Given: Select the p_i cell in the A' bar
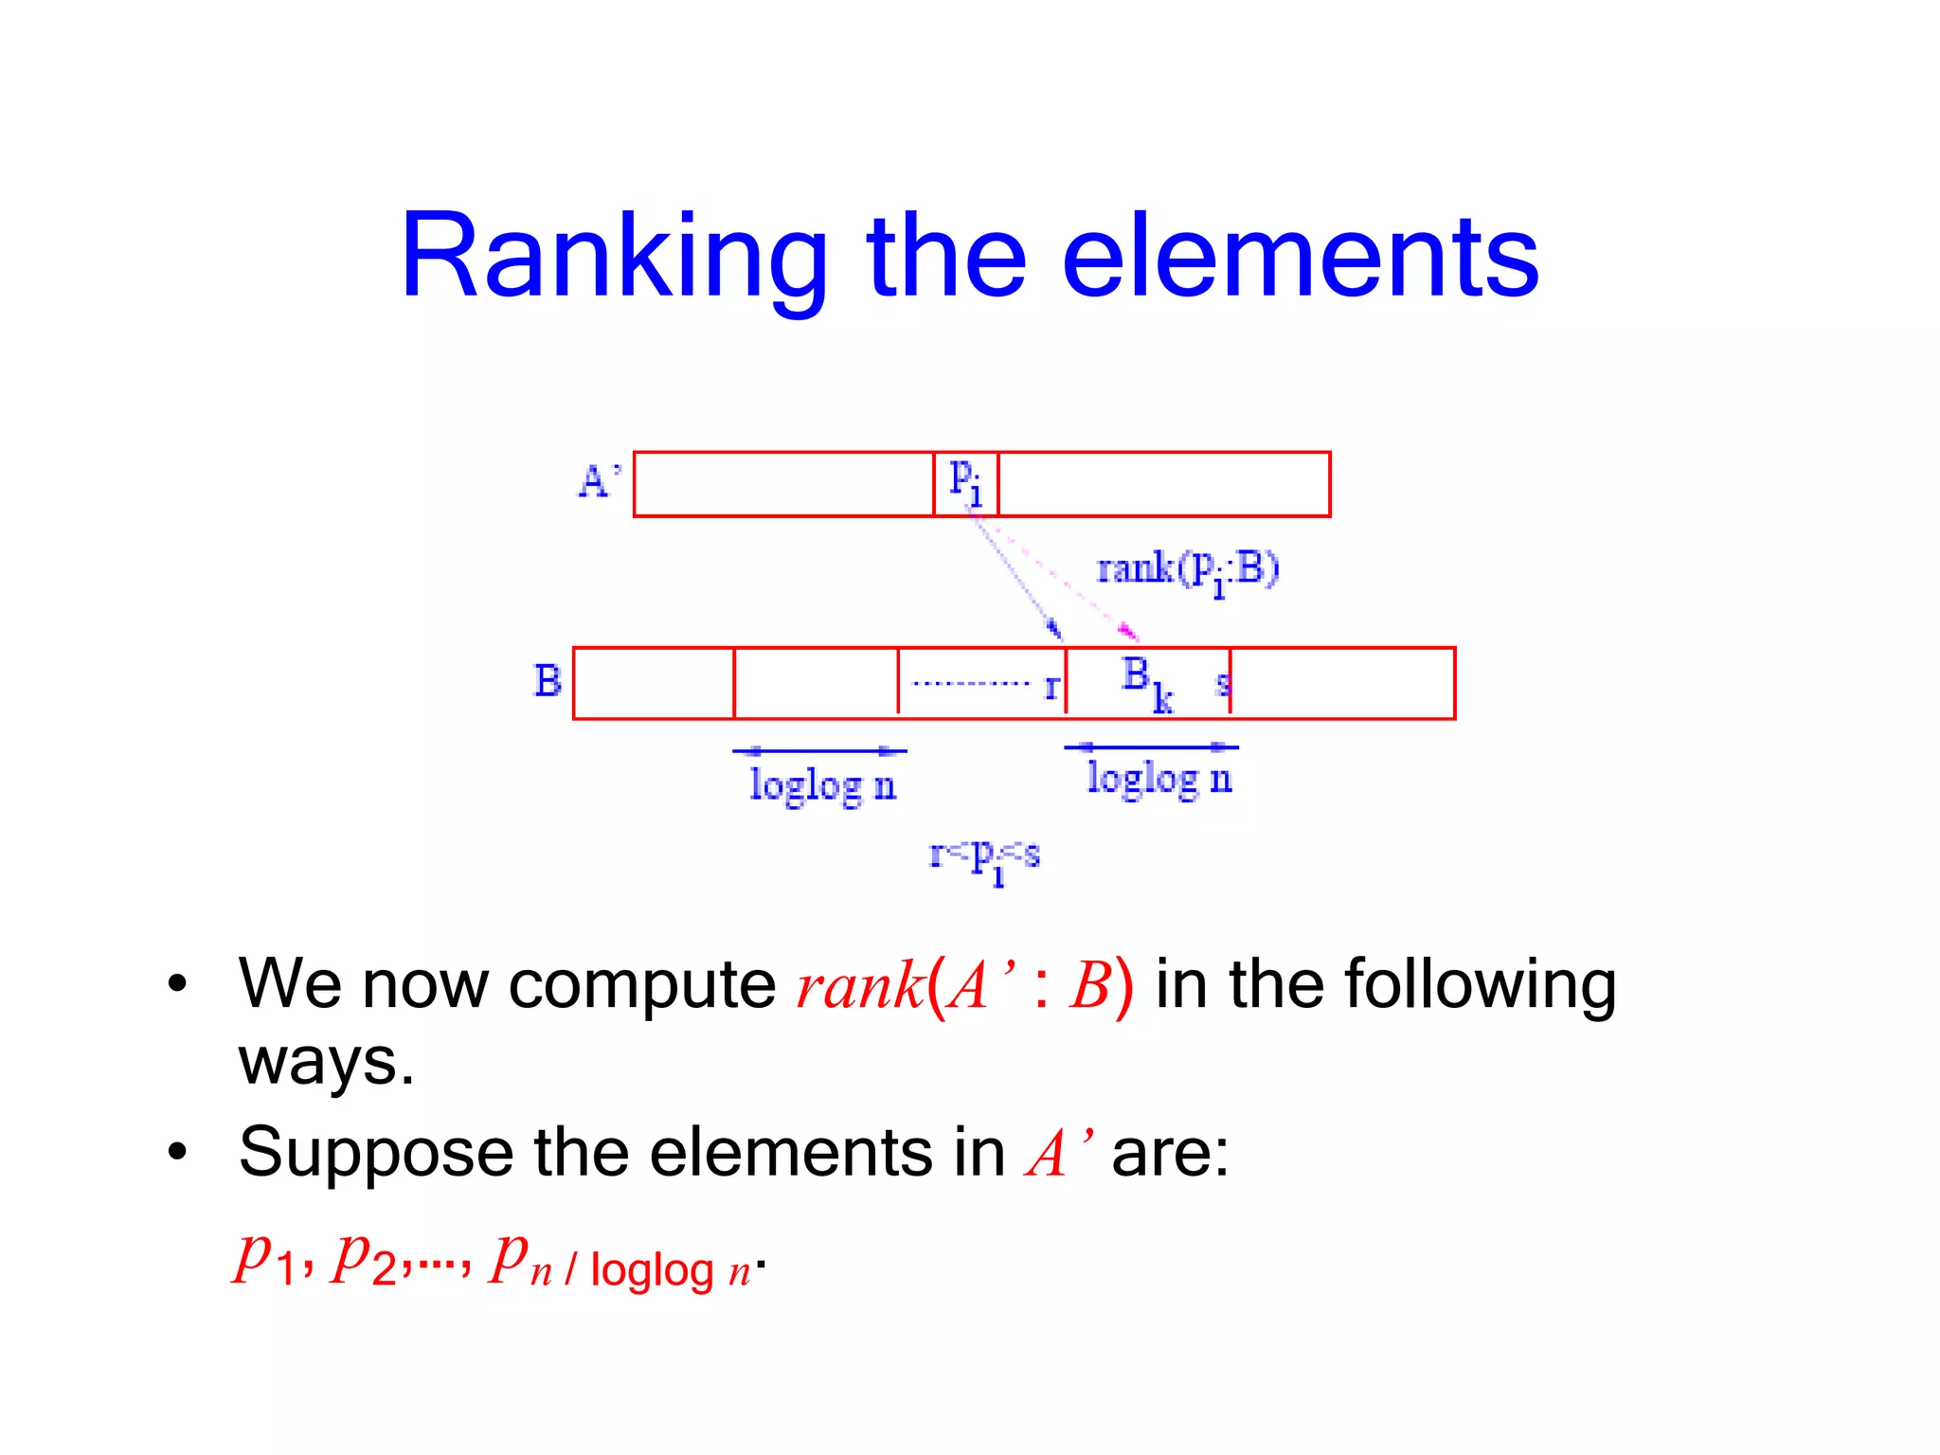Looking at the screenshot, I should (966, 483).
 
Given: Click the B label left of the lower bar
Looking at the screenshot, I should (548, 681).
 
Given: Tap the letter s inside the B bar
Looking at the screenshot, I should (1222, 683).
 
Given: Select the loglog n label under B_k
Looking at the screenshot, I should (1159, 780).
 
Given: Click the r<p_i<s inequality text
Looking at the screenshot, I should (985, 858).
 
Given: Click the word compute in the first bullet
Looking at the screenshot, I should (642, 985).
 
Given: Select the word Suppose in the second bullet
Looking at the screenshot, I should (376, 1153).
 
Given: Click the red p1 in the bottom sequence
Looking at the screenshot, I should (267, 1260).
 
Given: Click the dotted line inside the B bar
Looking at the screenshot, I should (970, 683).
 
